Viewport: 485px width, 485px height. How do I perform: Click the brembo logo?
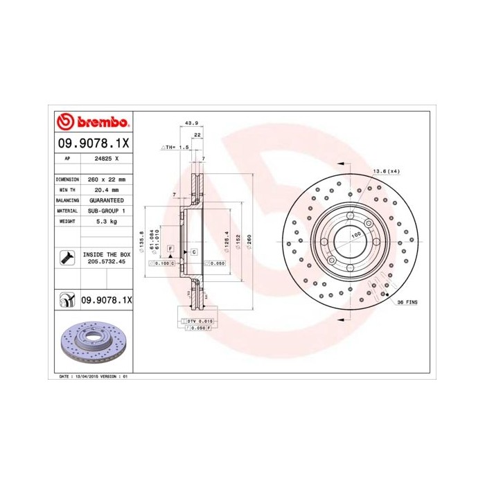pos(92,123)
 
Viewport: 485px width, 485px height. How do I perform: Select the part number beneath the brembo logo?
pos(92,143)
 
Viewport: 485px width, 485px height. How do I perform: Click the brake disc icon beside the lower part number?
pos(66,300)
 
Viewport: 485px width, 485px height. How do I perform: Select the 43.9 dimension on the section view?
pos(188,123)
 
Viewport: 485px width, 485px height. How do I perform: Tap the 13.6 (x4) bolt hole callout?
pos(387,170)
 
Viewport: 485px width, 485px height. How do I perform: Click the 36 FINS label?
pos(407,303)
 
